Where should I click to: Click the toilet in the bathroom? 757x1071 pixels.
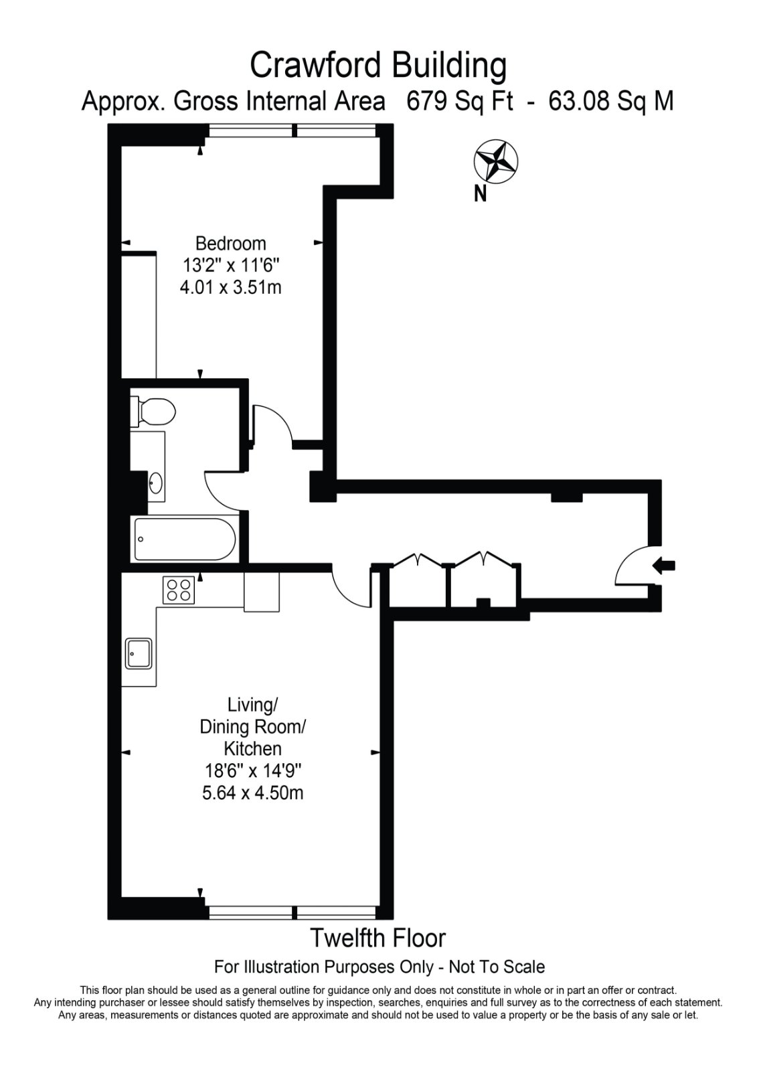153,411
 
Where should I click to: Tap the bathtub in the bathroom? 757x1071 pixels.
185,539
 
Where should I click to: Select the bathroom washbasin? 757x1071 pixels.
156,483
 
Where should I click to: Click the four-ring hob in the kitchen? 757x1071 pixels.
179,590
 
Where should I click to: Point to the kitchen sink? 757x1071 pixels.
139,653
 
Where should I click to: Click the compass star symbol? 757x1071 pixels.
496,162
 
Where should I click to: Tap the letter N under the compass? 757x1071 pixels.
480,194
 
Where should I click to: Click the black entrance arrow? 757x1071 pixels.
664,566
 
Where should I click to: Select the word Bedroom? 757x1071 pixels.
230,244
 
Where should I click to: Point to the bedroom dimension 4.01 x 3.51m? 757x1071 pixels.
230,287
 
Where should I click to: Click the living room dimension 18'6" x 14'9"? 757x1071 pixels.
253,770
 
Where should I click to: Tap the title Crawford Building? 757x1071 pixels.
378,66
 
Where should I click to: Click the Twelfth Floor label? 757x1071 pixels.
378,938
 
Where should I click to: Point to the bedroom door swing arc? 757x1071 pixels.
282,417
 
